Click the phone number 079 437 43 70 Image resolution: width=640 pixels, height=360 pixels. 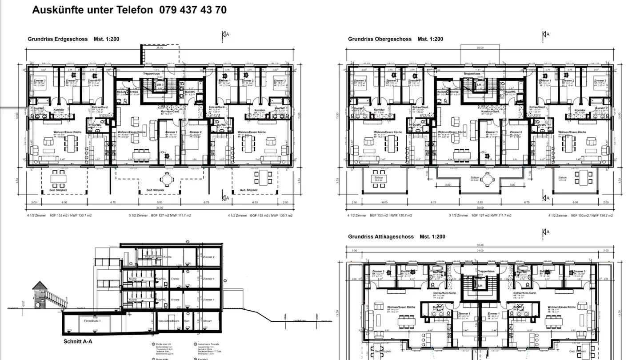(192, 10)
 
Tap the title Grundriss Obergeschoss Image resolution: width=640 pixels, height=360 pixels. (380, 39)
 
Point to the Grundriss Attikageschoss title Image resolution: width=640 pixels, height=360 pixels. (381, 237)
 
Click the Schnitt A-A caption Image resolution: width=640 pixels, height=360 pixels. (78, 342)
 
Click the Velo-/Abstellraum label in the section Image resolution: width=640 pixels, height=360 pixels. (168, 320)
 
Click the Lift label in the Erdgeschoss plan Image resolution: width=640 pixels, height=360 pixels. (158, 84)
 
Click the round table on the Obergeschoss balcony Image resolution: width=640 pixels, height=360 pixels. (488, 180)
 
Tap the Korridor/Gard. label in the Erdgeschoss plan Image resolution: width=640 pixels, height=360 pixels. (169, 112)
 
